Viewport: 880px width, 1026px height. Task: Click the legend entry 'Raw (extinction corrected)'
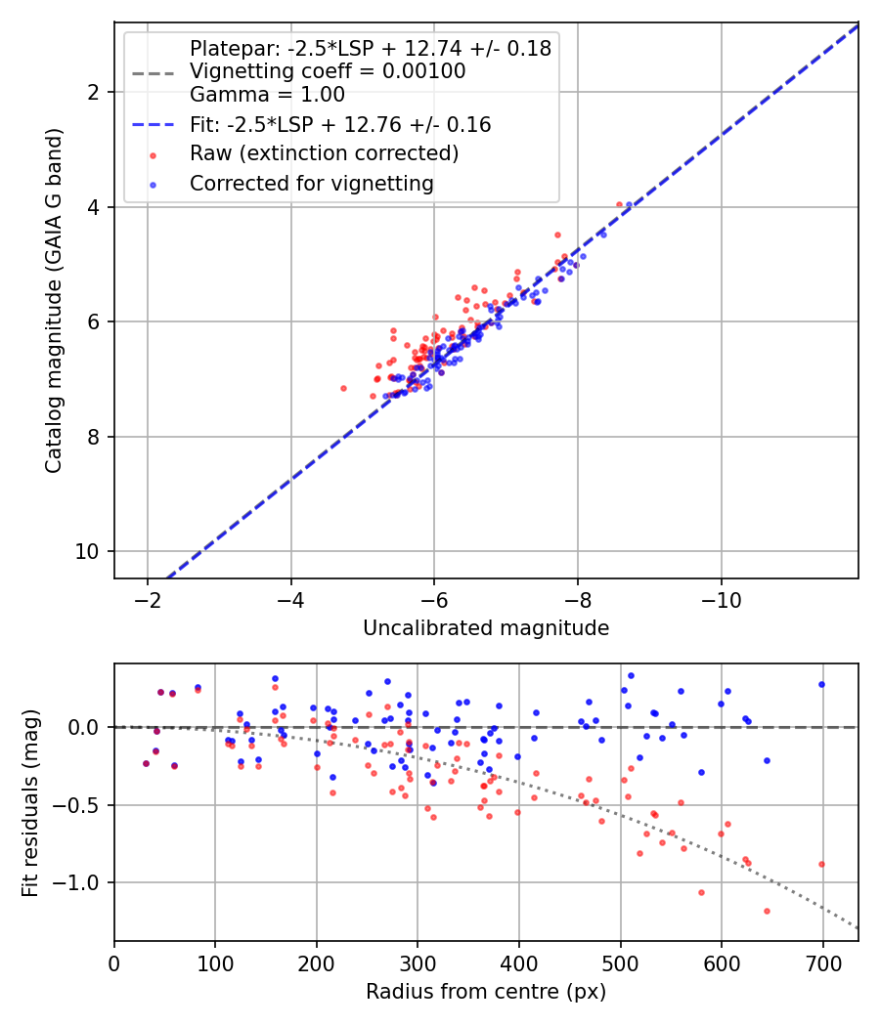tap(324, 153)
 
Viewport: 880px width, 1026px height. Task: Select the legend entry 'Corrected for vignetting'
tap(312, 183)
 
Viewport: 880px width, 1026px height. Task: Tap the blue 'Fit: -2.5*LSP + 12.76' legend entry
tap(339, 124)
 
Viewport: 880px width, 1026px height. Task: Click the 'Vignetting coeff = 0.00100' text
tap(328, 71)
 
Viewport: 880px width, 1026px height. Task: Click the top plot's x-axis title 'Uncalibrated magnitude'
tap(486, 628)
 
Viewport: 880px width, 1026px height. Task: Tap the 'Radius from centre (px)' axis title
tap(486, 992)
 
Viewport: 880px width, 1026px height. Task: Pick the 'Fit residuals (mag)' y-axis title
tap(30, 803)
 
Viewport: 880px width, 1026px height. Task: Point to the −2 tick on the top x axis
tap(148, 598)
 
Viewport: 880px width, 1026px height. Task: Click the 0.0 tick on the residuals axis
tap(85, 727)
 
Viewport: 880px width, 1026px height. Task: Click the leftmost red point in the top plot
tap(343, 388)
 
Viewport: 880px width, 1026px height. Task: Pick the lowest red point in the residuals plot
tap(767, 911)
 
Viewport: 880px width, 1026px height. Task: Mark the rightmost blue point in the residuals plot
tap(821, 684)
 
